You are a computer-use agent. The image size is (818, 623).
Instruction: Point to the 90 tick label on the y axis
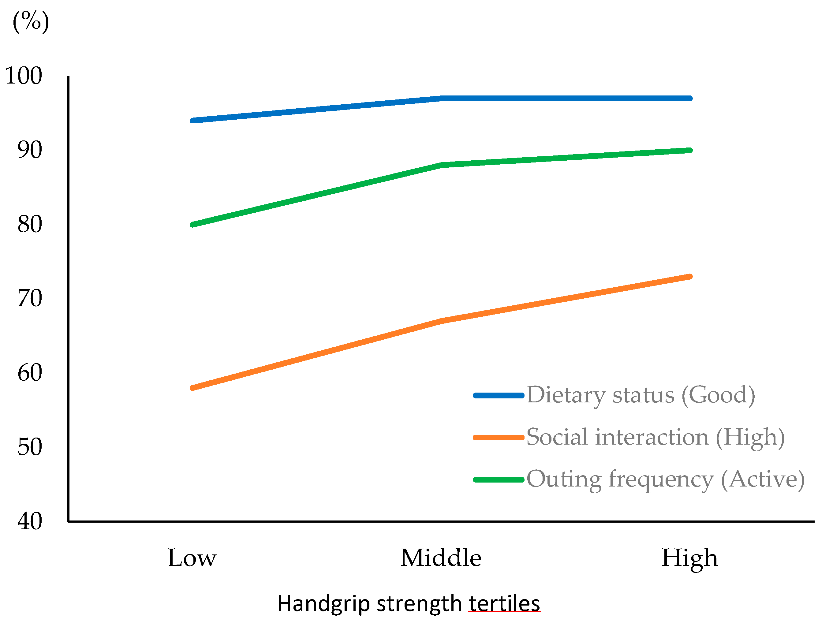[x=30, y=150]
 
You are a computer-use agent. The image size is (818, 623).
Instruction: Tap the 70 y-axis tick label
[x=30, y=299]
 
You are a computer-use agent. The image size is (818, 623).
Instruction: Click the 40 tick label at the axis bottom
[x=30, y=521]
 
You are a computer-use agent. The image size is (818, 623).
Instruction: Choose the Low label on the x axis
[x=192, y=558]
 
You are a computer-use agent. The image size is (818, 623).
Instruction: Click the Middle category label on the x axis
[x=441, y=558]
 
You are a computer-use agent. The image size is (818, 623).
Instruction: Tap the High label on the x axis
[x=690, y=559]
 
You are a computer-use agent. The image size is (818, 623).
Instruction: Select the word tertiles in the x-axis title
[x=504, y=604]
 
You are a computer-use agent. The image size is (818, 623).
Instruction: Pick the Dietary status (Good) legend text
[x=641, y=396]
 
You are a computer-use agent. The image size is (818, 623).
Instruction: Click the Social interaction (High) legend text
[x=656, y=438]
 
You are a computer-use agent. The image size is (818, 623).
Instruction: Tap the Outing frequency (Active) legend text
[x=666, y=479]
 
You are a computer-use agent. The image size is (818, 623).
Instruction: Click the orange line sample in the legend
[x=499, y=438]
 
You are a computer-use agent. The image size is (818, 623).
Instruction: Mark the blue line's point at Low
[x=192, y=121]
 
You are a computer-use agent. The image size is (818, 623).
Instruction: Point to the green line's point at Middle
[x=441, y=165]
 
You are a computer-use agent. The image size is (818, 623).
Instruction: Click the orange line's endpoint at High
[x=690, y=276]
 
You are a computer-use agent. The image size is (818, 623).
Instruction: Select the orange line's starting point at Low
[x=192, y=388]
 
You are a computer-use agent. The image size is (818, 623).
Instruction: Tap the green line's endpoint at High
[x=690, y=150]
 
